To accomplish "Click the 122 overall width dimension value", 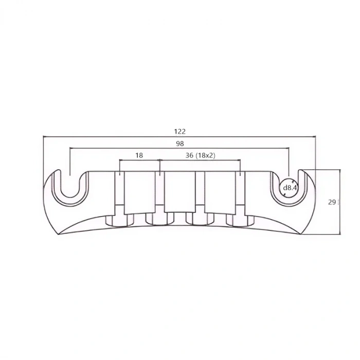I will point(179,132).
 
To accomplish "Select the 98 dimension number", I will point(179,143).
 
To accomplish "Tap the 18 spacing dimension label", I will point(139,155).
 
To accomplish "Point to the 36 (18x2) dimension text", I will point(201,155).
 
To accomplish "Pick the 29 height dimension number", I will point(332,202).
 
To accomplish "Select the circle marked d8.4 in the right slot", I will point(288,188).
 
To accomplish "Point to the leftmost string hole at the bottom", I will point(119,220).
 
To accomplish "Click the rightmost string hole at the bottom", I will point(239,220).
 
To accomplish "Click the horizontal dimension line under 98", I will point(129,148).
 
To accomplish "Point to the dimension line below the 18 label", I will point(139,160).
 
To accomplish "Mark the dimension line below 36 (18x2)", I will point(201,160).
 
